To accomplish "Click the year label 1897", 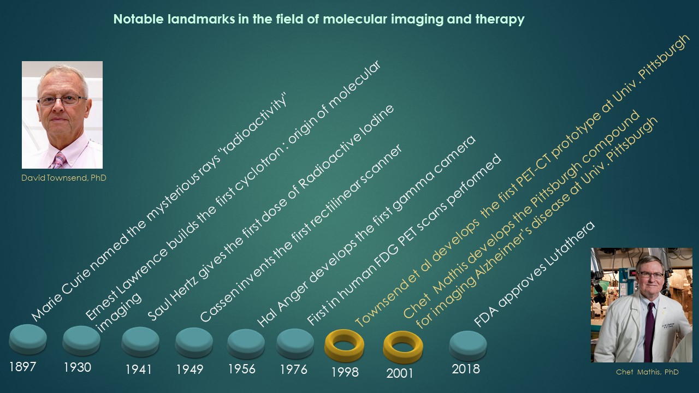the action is pos(22,367).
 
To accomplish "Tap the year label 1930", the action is pos(78,367).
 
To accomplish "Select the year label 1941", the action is pos(138,370).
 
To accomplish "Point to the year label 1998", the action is pos(345,372).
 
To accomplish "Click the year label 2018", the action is pos(466,369).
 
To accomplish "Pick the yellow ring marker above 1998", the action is pos(344,346).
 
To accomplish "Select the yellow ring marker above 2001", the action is pos(402,347).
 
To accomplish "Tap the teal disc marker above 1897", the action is pos(28,339).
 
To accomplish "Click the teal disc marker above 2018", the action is pos(468,346).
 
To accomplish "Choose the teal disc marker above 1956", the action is pos(246,344).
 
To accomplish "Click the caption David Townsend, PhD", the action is pos(64,178).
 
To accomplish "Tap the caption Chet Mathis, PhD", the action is pos(647,372).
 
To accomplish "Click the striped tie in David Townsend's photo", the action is pos(59,160).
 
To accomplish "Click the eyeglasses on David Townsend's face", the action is pos(62,100).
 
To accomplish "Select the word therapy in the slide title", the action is pos(500,19).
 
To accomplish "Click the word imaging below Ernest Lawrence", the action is pos(119,313).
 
